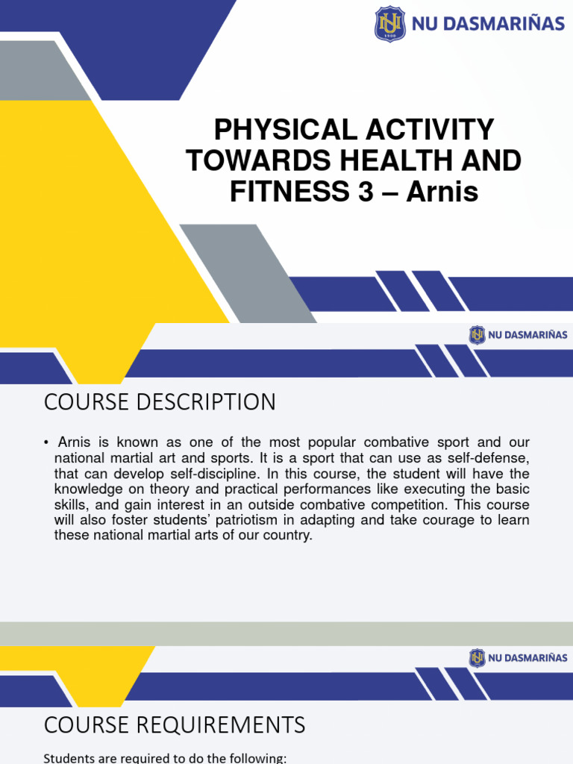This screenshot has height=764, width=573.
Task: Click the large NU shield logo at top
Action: (389, 24)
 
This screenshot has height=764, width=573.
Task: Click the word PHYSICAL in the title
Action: (270, 131)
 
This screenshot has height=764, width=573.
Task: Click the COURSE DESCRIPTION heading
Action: (160, 402)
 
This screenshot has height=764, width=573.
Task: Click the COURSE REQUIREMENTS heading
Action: (175, 724)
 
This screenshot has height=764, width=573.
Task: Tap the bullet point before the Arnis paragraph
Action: (46, 443)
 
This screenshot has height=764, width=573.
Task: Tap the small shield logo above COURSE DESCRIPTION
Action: (477, 335)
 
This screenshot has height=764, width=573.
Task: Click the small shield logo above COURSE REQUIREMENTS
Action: (477, 658)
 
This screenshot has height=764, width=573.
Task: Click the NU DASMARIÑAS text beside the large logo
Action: (488, 24)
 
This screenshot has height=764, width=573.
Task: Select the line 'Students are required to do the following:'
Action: (165, 758)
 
